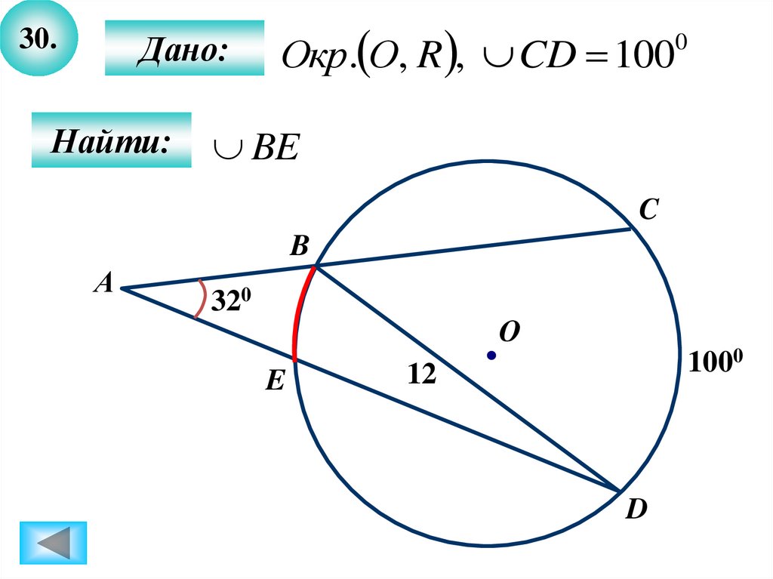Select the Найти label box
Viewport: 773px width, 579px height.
[x=111, y=140]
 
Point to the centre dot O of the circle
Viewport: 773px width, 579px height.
[x=491, y=355]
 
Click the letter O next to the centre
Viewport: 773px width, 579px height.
[x=510, y=331]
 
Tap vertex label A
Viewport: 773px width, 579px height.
[x=103, y=284]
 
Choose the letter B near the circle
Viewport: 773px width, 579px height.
[x=300, y=245]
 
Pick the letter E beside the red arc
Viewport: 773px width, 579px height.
[x=273, y=383]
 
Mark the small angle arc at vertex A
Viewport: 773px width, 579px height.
[x=200, y=300]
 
